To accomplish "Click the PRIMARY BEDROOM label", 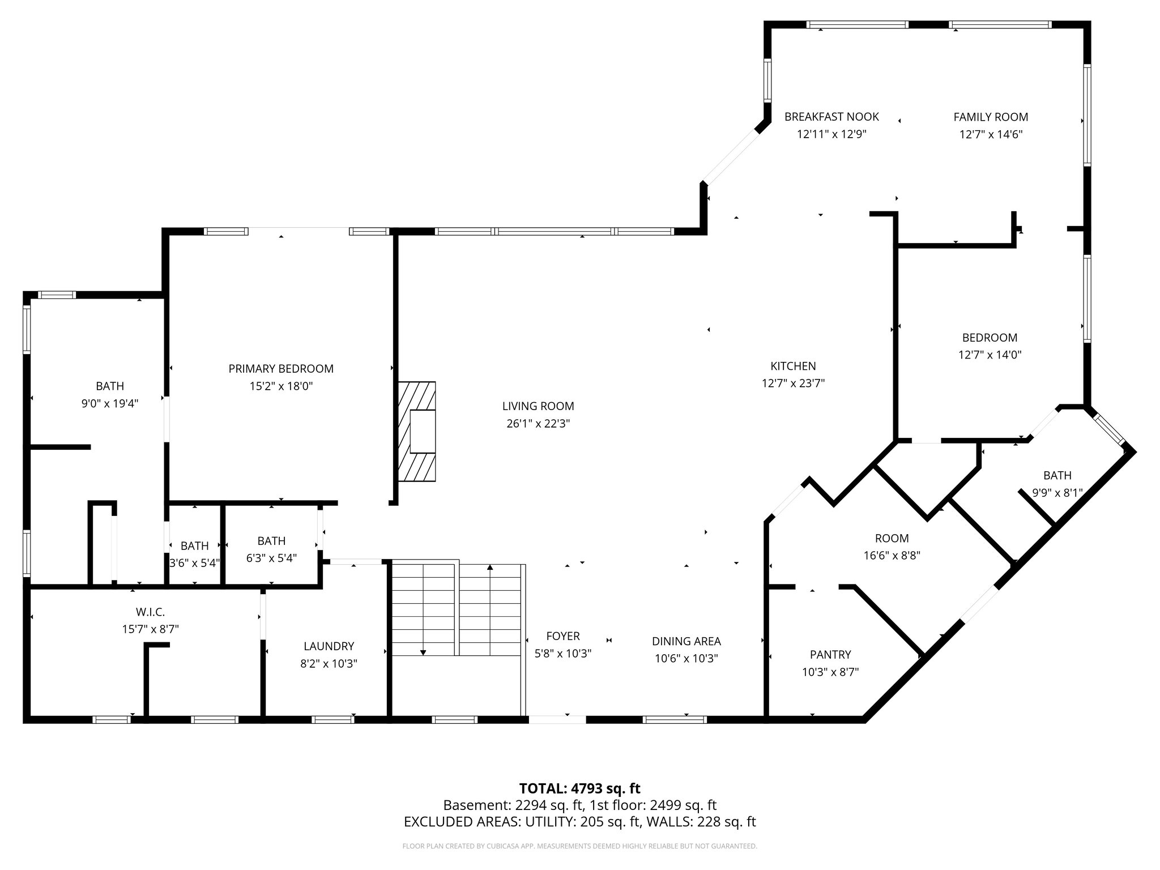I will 281,369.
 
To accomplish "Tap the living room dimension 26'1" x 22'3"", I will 538,424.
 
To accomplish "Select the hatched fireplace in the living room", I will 417,432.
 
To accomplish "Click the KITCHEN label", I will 793,366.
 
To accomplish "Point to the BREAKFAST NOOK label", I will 831,117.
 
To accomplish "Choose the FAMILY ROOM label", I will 991,117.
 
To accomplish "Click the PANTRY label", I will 830,655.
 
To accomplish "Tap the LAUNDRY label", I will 329,646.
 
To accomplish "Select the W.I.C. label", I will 150,612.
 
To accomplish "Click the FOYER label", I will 563,636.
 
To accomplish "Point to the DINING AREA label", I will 686,641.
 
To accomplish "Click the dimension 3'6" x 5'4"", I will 194,564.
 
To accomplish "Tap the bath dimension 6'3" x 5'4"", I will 271,558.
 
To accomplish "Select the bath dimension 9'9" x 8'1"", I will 1057,493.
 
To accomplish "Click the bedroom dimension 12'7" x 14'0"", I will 990,355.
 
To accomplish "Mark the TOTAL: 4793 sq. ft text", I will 579,788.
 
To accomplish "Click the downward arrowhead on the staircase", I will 423,653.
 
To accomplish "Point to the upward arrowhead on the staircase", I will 490,566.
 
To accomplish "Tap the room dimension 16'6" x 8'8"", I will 892,556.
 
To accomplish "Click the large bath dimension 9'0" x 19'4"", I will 110,404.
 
